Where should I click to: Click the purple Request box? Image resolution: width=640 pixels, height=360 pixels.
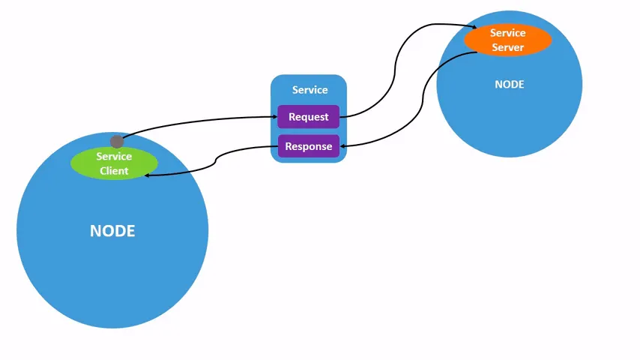click(309, 117)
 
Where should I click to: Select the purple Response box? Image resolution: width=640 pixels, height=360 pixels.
click(309, 146)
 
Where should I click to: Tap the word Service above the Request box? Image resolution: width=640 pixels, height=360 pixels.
click(310, 90)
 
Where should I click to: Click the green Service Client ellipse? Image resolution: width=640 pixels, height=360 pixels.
click(114, 163)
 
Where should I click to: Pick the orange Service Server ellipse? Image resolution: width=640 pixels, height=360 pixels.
click(508, 40)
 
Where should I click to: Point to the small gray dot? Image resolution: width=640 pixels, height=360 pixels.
click(117, 142)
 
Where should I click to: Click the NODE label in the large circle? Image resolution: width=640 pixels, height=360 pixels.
click(112, 231)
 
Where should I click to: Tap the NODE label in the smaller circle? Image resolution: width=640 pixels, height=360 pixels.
click(510, 84)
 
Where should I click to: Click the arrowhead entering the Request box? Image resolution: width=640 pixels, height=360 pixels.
click(275, 117)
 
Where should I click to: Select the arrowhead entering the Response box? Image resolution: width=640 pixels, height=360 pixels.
click(342, 146)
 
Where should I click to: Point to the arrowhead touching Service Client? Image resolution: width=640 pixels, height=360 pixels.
click(147, 175)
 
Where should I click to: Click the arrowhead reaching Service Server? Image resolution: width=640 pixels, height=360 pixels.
click(474, 27)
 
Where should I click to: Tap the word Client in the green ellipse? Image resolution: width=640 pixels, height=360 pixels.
click(114, 171)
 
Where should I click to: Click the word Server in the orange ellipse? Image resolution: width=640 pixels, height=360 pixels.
click(508, 47)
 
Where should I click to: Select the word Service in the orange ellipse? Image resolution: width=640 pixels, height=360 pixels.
click(508, 33)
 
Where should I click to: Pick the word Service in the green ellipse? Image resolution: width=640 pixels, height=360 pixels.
click(114, 157)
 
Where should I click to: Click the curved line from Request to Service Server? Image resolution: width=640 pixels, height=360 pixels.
click(395, 70)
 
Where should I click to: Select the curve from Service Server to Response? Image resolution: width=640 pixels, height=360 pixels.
click(423, 100)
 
